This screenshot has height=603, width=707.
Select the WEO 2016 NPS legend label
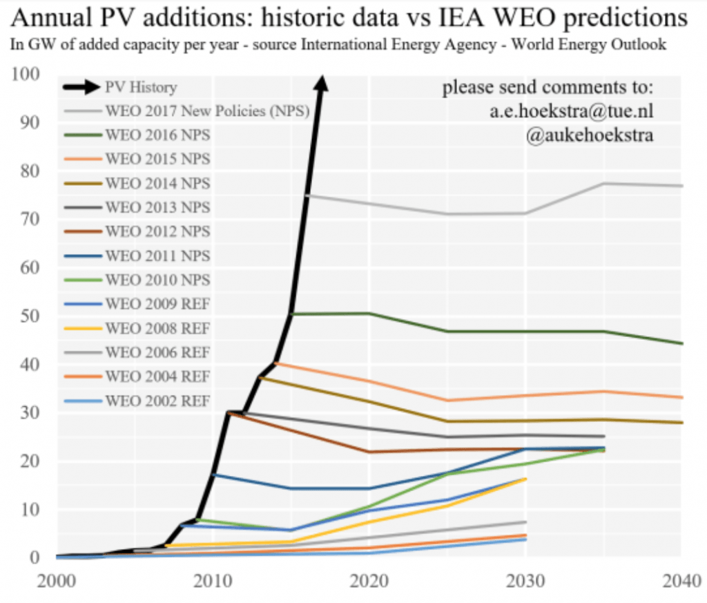pyautogui.click(x=157, y=135)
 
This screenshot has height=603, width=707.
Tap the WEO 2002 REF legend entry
pyautogui.click(x=157, y=401)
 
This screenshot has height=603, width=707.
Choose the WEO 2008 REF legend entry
pyautogui.click(x=157, y=328)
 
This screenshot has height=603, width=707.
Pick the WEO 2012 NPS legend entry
pyautogui.click(x=157, y=231)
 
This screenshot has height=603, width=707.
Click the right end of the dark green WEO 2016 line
pyautogui.click(x=681, y=343)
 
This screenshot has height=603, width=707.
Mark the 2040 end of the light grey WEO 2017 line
pyautogui.click(x=681, y=186)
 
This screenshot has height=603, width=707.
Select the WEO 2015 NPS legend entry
pyautogui.click(x=157, y=159)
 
